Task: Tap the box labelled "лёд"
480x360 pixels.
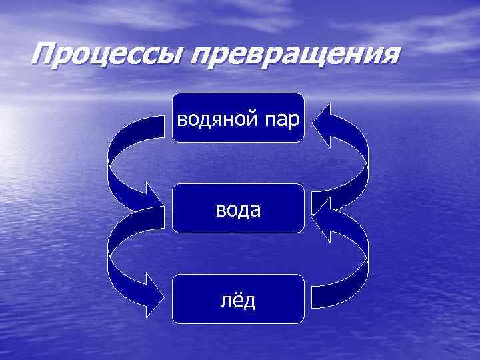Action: point(238,299)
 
